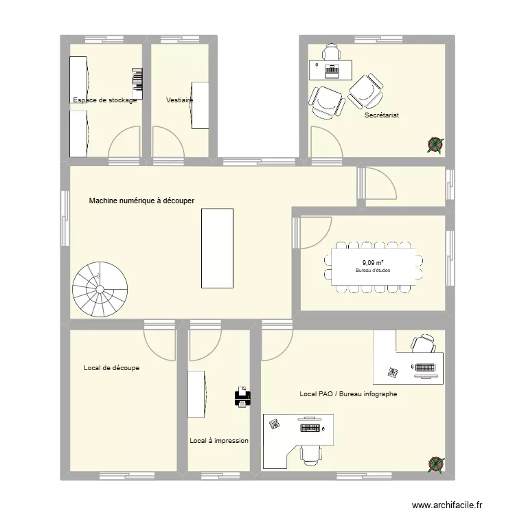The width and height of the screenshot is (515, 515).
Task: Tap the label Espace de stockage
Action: (105, 100)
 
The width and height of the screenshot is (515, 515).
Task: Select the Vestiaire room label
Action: (179, 100)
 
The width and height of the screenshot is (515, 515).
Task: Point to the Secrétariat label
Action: (382, 115)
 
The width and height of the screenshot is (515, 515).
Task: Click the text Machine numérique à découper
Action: (142, 201)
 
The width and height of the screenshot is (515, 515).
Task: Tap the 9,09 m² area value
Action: (373, 262)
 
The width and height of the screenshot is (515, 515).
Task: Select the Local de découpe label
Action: (111, 368)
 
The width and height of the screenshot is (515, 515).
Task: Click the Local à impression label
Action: (219, 441)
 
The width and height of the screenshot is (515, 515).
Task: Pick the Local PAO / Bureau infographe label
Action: (348, 394)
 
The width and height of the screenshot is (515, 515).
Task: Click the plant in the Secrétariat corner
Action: (435, 144)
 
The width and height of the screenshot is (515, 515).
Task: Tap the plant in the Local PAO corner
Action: (435, 465)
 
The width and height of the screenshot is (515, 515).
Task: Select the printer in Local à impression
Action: (242, 397)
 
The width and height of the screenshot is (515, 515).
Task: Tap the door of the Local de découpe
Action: (159, 343)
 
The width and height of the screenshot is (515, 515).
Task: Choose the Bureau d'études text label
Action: (373, 271)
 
